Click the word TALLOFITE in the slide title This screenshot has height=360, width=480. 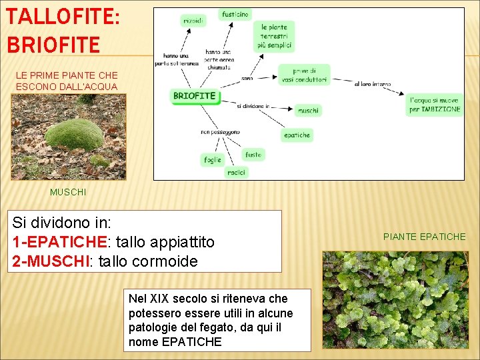point(61,15)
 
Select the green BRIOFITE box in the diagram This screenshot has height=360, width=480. point(194,96)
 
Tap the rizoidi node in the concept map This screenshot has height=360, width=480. point(193,21)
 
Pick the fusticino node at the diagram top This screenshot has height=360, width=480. point(235,14)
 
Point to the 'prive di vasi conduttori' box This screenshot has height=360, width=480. point(303,75)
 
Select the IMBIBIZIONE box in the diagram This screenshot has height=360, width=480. point(435,105)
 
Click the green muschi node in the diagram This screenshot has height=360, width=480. point(307,110)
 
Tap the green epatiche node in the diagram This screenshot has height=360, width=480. point(297,135)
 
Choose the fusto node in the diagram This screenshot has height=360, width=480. point(253,154)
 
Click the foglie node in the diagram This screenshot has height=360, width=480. point(213,160)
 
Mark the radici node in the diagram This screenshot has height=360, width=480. point(236,172)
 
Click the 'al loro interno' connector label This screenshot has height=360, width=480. point(373,85)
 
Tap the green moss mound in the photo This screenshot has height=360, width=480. point(73,135)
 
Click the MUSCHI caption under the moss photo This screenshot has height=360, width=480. point(68,192)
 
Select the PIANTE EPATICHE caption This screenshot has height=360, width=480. point(424,237)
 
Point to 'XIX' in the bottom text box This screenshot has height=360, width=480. point(160,299)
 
